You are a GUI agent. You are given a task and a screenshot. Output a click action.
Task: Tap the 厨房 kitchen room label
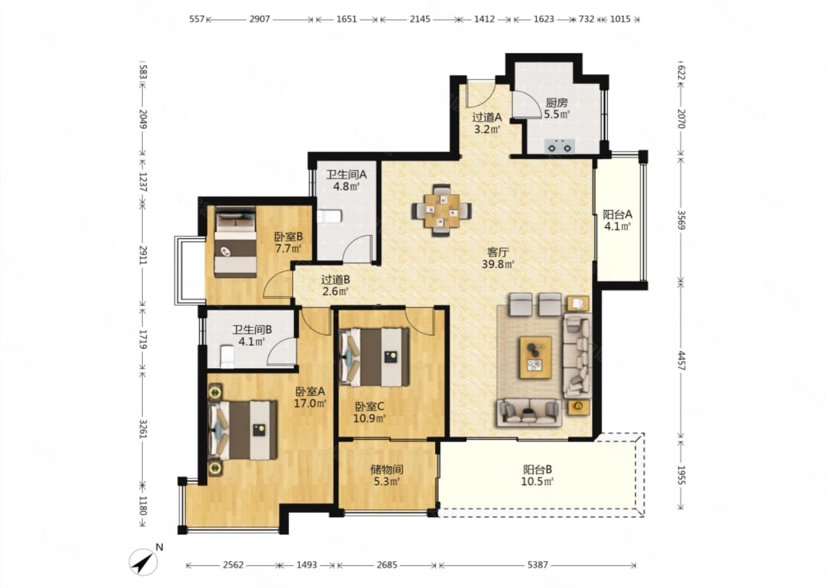[557, 103]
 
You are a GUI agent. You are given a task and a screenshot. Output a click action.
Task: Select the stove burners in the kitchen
[560, 146]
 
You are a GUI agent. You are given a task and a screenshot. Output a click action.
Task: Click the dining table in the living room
[442, 210]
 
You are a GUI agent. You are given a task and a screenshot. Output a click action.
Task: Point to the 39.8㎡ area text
[498, 264]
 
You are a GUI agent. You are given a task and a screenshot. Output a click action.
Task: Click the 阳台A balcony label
[617, 214]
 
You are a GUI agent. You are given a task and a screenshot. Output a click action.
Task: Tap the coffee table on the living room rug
[536, 357]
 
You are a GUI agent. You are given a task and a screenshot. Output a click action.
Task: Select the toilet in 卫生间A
[329, 216]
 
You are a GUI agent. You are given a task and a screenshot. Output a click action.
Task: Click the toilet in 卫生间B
[227, 356]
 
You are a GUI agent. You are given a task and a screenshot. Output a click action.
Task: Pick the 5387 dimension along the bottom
[537, 565]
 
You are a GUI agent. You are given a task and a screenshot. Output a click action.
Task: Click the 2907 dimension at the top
[260, 19]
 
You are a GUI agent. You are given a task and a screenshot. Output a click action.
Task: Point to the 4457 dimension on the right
[681, 361]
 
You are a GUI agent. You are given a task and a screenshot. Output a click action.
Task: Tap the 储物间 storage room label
[387, 470]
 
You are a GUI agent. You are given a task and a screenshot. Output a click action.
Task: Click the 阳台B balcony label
[537, 470]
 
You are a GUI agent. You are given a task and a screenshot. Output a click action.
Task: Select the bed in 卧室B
[236, 242]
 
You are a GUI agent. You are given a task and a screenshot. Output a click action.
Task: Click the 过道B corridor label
[336, 280]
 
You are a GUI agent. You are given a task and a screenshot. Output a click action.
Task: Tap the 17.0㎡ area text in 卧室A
[310, 404]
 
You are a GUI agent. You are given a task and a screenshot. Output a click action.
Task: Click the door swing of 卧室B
[278, 284]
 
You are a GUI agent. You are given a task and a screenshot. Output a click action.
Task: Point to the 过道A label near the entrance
[487, 117]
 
